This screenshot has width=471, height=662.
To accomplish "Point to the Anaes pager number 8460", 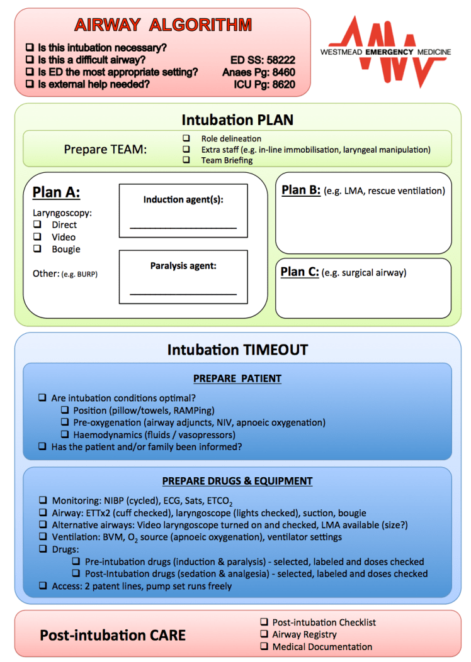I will click(x=284, y=72).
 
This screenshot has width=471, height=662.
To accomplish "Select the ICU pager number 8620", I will click(x=284, y=84).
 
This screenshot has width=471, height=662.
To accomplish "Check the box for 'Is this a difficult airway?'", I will click(x=30, y=60).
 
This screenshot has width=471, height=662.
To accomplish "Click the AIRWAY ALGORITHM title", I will click(x=162, y=25).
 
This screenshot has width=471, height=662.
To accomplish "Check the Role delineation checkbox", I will click(x=186, y=138).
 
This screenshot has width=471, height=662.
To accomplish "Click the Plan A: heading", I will click(x=56, y=192).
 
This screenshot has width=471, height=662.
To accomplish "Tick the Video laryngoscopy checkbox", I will click(x=38, y=237).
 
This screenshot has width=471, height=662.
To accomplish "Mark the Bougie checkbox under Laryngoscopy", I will click(x=38, y=249).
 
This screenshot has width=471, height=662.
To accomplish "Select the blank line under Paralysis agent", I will click(x=183, y=292).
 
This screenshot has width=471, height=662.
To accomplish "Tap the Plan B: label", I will click(x=301, y=190).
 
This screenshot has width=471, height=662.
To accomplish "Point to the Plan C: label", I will click(x=300, y=272).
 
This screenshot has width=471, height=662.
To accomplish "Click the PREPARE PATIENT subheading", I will click(x=237, y=378).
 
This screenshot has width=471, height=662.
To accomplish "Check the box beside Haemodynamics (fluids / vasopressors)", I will click(x=65, y=434).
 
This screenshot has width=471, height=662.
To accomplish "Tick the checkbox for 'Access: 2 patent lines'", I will click(x=43, y=586).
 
